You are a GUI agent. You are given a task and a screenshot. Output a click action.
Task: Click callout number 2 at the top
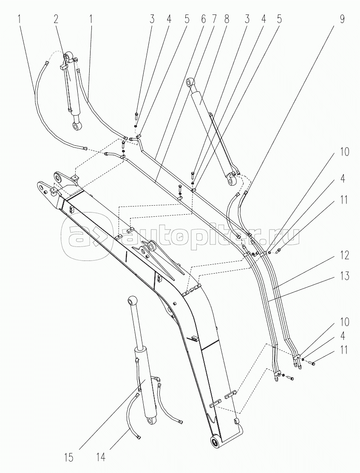[x=56, y=20]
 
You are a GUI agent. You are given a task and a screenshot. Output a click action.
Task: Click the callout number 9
[x=342, y=20]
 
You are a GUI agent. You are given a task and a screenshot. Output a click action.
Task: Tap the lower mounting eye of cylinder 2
[x=77, y=125]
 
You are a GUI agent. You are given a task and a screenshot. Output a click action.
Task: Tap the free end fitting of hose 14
[x=139, y=437]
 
